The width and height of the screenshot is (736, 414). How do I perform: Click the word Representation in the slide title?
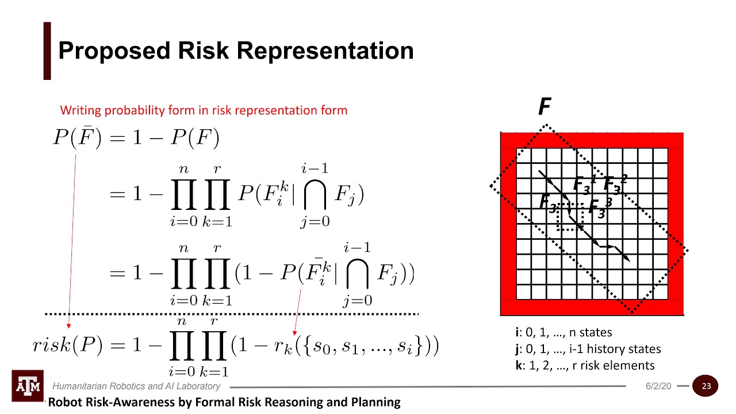pyautogui.click(x=325, y=51)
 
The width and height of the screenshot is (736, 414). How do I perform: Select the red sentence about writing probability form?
pyautogui.click(x=204, y=110)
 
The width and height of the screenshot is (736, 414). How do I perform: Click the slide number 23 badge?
pyautogui.click(x=706, y=386)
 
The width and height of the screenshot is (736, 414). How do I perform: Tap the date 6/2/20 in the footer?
pyautogui.click(x=658, y=386)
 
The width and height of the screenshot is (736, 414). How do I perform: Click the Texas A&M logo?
pyautogui.click(x=28, y=386)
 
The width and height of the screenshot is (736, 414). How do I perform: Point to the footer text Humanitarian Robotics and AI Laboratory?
pyautogui.click(x=136, y=386)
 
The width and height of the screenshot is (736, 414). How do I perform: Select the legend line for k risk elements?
pyautogui.click(x=585, y=365)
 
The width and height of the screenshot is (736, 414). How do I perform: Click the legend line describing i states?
pyautogui.click(x=563, y=332)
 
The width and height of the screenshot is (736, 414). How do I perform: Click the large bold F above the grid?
pyautogui.click(x=544, y=107)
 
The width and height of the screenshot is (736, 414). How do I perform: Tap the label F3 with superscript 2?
pyautogui.click(x=615, y=185)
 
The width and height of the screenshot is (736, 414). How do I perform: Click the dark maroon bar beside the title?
pyautogui.click(x=47, y=51)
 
